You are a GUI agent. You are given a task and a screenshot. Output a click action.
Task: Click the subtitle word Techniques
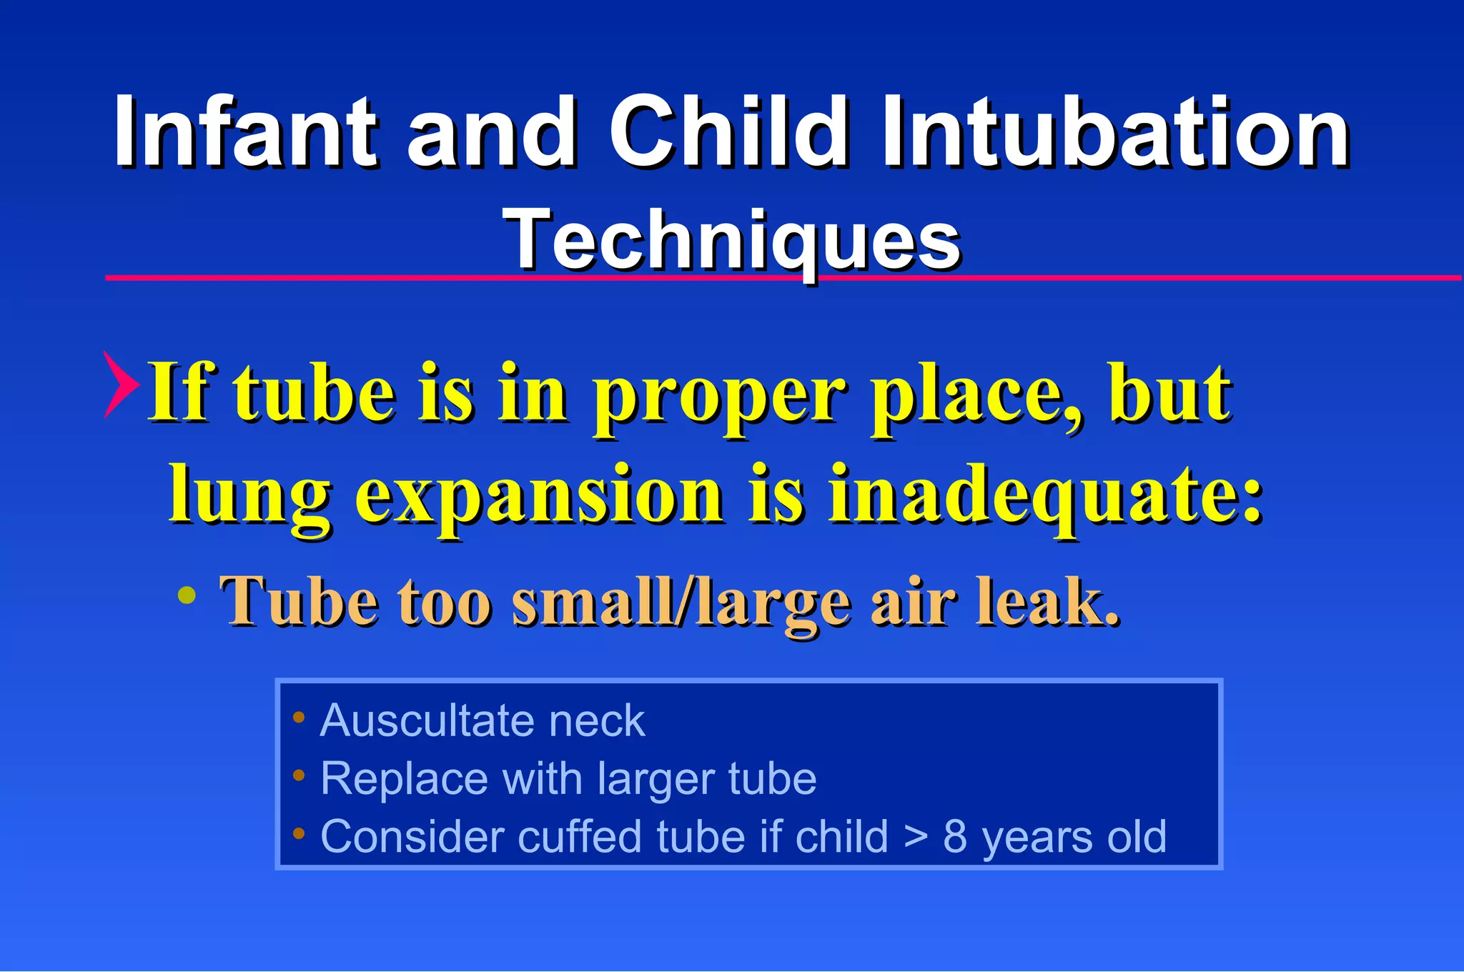pyautogui.click(x=732, y=240)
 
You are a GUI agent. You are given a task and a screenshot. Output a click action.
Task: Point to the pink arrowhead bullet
pyautogui.click(x=120, y=385)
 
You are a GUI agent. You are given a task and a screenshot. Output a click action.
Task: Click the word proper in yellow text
pyautogui.click(x=718, y=395)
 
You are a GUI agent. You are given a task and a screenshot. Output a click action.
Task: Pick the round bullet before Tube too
pyautogui.click(x=187, y=595)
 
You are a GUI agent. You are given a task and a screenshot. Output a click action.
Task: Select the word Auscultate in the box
pyautogui.click(x=426, y=720)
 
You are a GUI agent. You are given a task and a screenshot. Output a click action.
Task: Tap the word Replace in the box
pyautogui.click(x=403, y=779)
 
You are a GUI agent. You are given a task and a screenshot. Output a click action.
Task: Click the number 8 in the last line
pyautogui.click(x=955, y=836)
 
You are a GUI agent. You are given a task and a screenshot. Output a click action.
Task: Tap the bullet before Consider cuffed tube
pyautogui.click(x=299, y=833)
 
